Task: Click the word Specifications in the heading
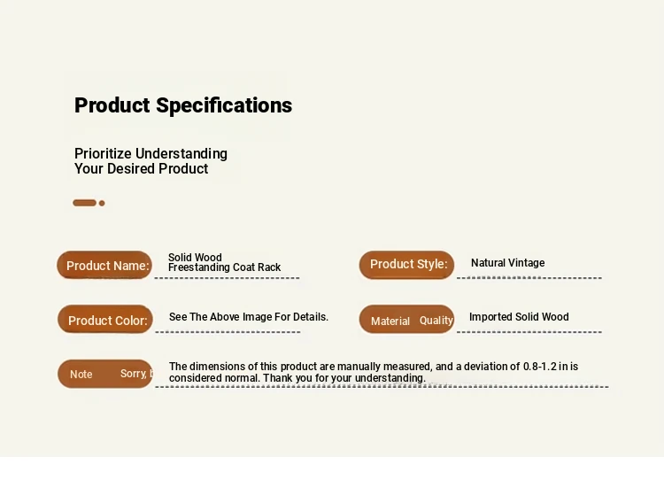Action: pyautogui.click(x=224, y=105)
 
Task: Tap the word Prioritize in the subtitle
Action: pyautogui.click(x=103, y=153)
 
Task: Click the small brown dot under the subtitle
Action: pyautogui.click(x=102, y=203)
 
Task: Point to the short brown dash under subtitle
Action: pyautogui.click(x=85, y=203)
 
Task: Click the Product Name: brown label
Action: pyautogui.click(x=104, y=265)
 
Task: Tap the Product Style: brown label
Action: pyautogui.click(x=406, y=265)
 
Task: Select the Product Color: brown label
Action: pyautogui.click(x=105, y=319)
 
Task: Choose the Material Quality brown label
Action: pyautogui.click(x=406, y=319)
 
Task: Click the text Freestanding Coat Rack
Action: pyautogui.click(x=225, y=267)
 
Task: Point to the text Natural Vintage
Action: pyautogui.click(x=508, y=263)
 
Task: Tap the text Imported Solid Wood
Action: pyautogui.click(x=519, y=317)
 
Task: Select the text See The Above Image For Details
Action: pyautogui.click(x=249, y=317)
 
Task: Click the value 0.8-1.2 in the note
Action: pyautogui.click(x=540, y=367)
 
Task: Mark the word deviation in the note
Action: pyautogui.click(x=487, y=367)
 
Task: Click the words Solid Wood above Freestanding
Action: pyautogui.click(x=195, y=257)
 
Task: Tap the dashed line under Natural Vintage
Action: pyautogui.click(x=529, y=278)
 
